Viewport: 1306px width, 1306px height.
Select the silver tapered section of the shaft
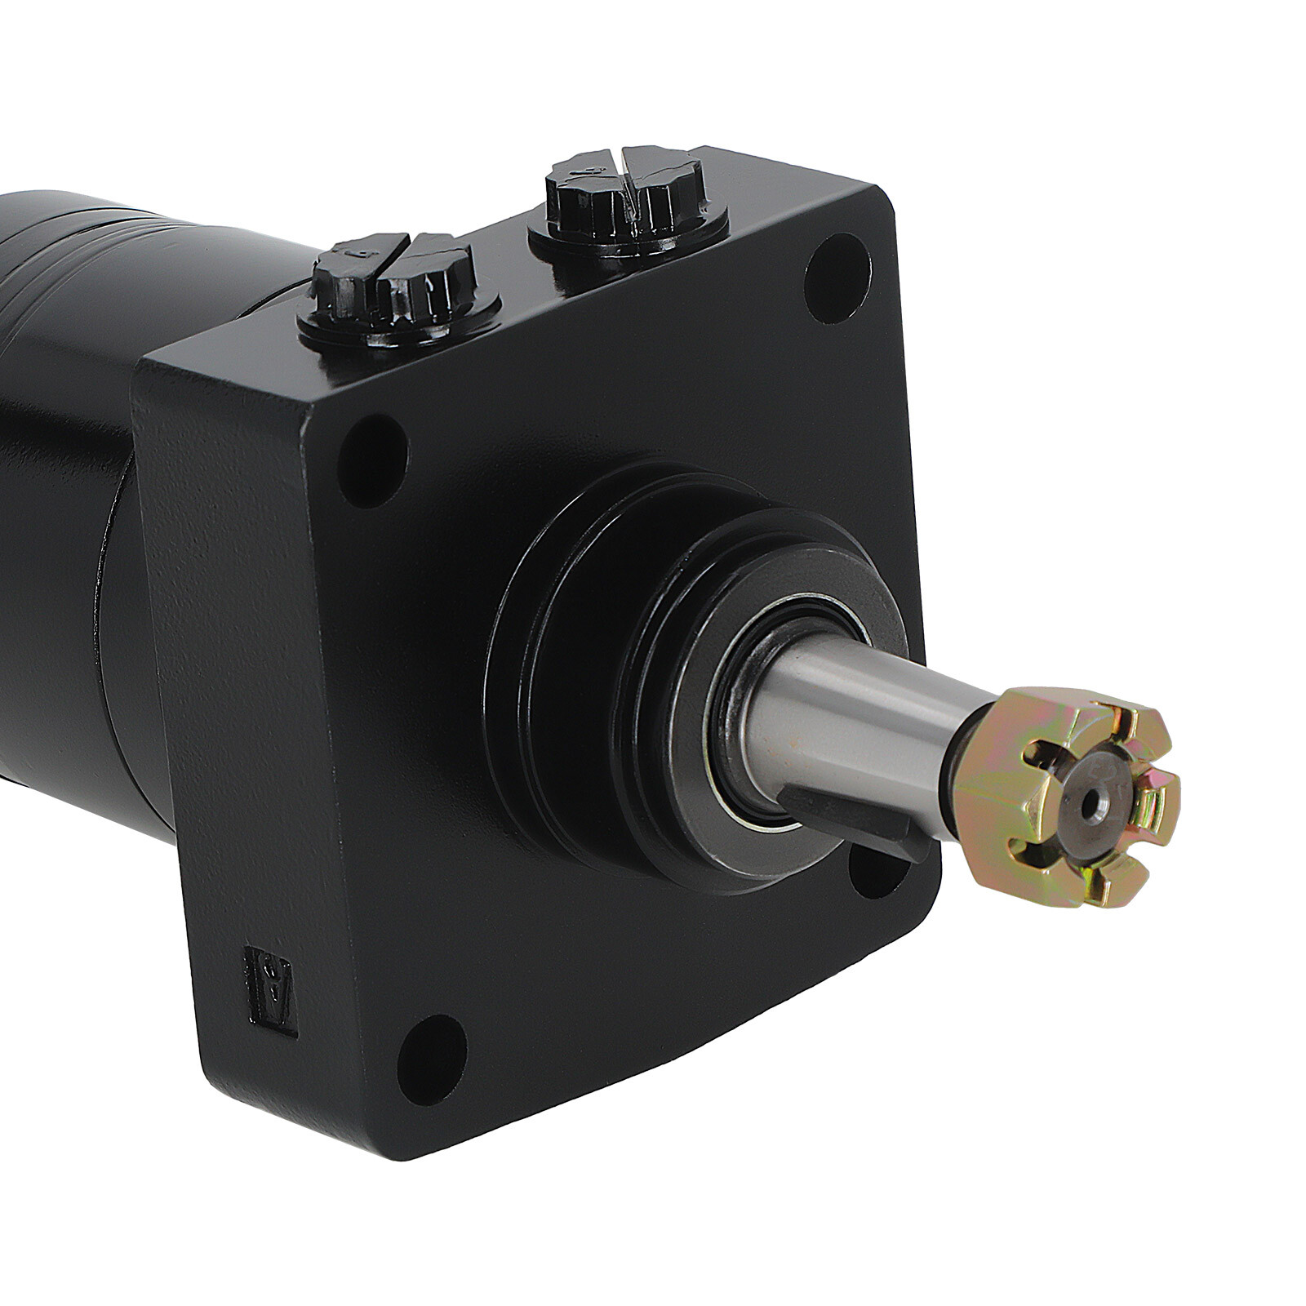(x=849, y=718)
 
